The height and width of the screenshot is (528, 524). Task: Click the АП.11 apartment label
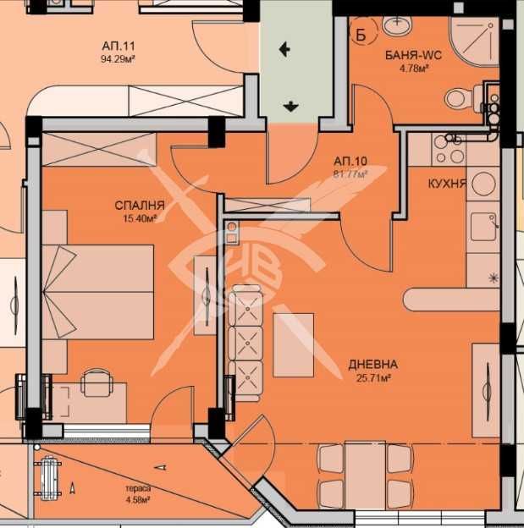pos(119,45)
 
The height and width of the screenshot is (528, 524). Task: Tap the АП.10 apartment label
pos(350,162)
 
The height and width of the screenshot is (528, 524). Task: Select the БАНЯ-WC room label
pos(413,55)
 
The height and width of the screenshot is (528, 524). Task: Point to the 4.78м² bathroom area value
pos(413,69)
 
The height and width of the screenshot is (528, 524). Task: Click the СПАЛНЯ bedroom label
pos(140,205)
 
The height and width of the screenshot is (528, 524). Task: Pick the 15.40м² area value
pos(140,219)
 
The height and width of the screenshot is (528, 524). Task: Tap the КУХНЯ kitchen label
pos(447,184)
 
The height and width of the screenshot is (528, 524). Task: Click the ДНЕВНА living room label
pos(372,365)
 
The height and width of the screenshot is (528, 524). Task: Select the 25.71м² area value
pos(373,378)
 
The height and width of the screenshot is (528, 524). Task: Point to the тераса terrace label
pos(138,488)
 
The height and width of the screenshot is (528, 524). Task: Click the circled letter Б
pos(361,35)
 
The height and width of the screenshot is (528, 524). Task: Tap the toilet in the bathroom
pos(464,97)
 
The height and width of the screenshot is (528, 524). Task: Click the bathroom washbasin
pos(397,25)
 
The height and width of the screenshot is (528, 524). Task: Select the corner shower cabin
pos(474,41)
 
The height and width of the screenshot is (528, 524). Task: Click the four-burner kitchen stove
pos(449,149)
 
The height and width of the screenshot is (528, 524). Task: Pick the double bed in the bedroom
pos(97,292)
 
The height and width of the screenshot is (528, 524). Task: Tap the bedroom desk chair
pos(97,382)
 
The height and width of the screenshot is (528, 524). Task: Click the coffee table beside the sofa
pos(294,345)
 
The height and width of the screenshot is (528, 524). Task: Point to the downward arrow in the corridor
pos(290,107)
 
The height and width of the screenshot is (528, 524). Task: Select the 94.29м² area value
pos(119,59)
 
